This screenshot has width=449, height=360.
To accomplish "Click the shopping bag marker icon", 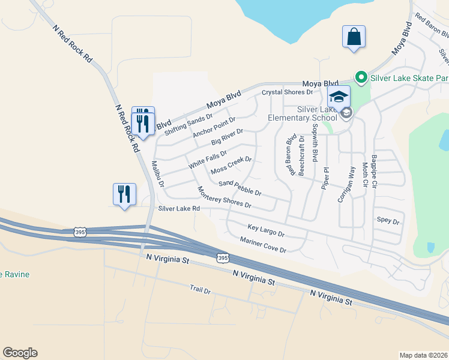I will coord(354,36).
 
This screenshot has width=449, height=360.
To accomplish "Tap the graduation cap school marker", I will coord(339,96).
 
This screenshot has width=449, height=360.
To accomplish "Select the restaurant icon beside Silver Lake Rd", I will coord(124,194).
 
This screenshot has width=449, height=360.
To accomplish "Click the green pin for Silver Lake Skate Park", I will coord(361,77).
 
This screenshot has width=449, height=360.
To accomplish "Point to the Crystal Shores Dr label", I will coord(288,92).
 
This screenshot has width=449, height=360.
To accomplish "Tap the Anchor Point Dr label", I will coord(214,127).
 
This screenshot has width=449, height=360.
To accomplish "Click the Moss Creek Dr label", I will coord(231,167).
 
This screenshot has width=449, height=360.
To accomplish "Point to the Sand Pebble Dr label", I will coord(240,188).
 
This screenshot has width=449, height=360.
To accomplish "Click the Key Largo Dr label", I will coord(266,230).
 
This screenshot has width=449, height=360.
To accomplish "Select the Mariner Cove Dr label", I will coord(263,245).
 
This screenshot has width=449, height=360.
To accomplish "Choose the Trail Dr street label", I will coord(200,290).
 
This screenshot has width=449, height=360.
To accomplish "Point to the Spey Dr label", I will coord(388,221).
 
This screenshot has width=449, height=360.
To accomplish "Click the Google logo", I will coord(20,353).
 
